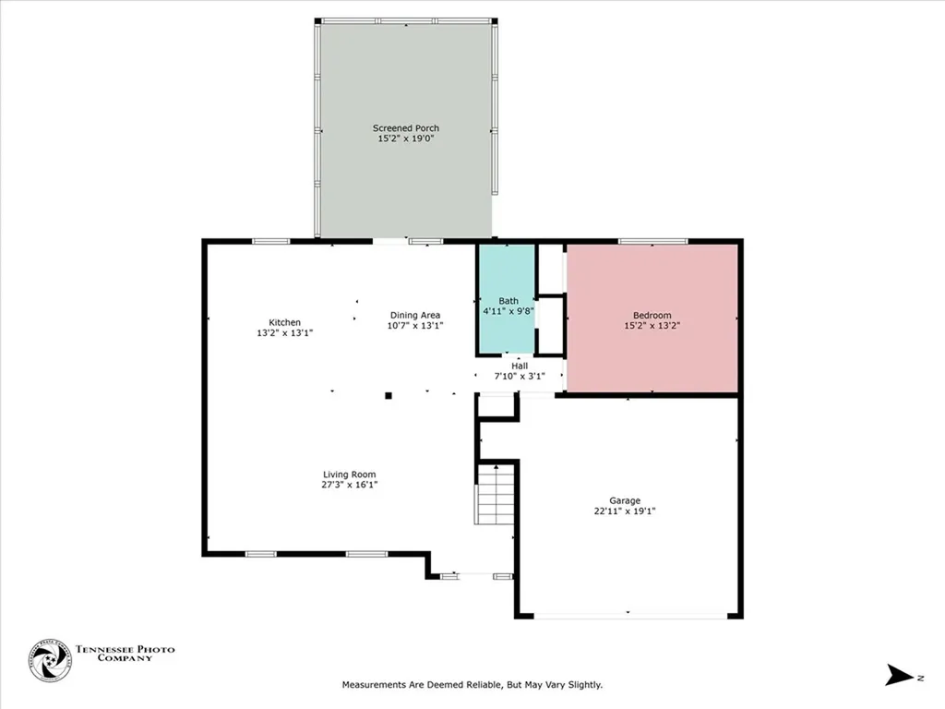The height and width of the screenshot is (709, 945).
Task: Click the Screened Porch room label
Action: (405, 128)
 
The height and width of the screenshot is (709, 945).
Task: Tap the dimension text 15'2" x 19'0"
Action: (405, 138)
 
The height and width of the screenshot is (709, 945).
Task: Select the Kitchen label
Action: (284, 322)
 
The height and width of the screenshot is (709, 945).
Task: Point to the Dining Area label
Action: (414, 315)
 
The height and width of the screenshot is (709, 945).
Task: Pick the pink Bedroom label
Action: (652, 315)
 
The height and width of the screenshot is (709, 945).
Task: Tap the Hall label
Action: (520, 365)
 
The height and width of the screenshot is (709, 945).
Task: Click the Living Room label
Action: (349, 475)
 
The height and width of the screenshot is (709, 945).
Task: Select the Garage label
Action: (625, 500)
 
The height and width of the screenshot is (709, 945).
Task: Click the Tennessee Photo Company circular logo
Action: (50, 660)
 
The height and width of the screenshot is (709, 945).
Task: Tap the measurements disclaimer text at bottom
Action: (472, 685)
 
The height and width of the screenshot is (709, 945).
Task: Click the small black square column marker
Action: (389, 395)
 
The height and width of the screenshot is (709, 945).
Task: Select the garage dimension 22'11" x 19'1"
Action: (625, 511)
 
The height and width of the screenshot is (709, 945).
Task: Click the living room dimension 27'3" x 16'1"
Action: (349, 485)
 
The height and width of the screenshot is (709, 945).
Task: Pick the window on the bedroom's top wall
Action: (652, 242)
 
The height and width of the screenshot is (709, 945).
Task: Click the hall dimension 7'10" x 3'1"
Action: (520, 376)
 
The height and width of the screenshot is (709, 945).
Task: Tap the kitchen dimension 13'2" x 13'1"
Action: (284, 332)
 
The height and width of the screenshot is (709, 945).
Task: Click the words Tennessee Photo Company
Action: (124, 654)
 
